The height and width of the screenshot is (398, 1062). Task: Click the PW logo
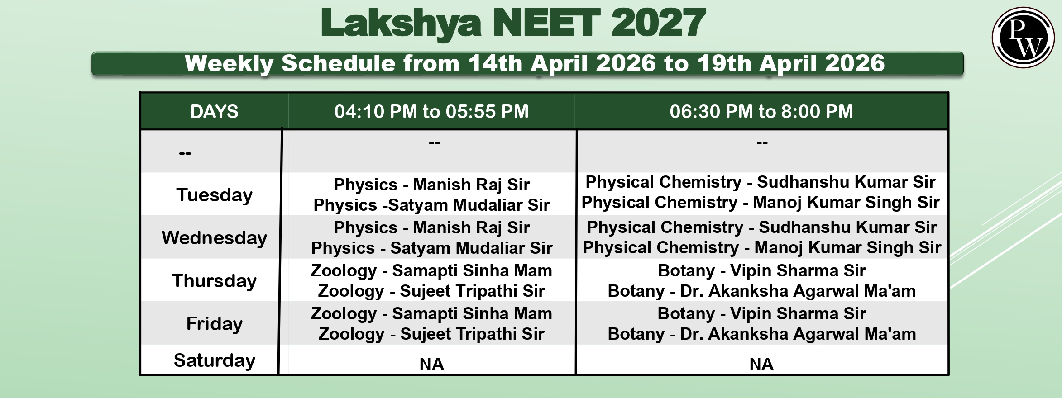pyautogui.click(x=1023, y=38)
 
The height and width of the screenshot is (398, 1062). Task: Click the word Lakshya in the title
pyautogui.click(x=401, y=23)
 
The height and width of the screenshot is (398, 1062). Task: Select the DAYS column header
pyautogui.click(x=214, y=111)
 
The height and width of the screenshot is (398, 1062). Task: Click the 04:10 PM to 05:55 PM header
pyautogui.click(x=431, y=111)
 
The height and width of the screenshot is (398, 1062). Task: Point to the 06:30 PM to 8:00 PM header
pyautogui.click(x=761, y=111)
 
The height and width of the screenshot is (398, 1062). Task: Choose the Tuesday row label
pyautogui.click(x=214, y=195)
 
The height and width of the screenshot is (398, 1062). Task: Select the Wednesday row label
pyautogui.click(x=214, y=238)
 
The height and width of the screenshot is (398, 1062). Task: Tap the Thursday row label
pyautogui.click(x=214, y=281)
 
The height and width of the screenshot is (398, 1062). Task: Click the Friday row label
pyautogui.click(x=214, y=324)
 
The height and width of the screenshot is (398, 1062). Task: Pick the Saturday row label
pyautogui.click(x=214, y=360)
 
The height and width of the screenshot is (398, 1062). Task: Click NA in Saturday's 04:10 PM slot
pyautogui.click(x=431, y=364)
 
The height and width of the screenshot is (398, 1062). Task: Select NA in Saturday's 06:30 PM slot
pyautogui.click(x=761, y=364)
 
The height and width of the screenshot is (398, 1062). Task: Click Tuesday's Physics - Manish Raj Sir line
pyautogui.click(x=431, y=185)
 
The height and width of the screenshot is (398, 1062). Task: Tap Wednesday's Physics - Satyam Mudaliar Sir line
pyautogui.click(x=431, y=248)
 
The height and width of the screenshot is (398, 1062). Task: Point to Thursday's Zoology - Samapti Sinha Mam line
pyautogui.click(x=431, y=270)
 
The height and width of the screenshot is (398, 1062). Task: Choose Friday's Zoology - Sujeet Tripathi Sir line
pyautogui.click(x=431, y=334)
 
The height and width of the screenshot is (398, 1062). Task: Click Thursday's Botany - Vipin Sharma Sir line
pyautogui.click(x=761, y=270)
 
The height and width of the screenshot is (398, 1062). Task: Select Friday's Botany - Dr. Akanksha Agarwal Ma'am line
pyautogui.click(x=761, y=334)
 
